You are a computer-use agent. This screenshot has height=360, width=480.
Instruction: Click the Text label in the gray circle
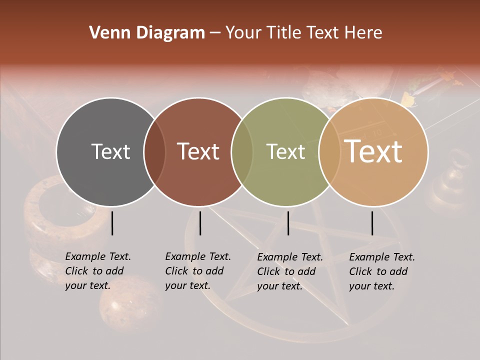pos(110,151)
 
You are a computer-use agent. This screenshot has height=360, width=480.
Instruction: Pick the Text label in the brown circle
pos(198,151)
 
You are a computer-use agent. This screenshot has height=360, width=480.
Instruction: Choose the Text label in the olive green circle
pos(285,151)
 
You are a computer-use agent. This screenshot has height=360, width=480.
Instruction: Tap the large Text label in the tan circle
pos(373,151)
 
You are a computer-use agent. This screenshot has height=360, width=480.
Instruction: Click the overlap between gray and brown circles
pos(155,151)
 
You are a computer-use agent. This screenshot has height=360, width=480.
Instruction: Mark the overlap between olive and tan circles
pos(329,151)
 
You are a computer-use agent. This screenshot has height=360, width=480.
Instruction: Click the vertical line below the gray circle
pos(112,223)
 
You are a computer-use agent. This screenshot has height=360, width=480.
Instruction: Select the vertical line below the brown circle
pos(200,223)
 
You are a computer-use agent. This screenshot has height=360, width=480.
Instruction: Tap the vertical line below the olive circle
pos(288,223)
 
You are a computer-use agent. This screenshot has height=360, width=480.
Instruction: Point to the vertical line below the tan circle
pos(372,223)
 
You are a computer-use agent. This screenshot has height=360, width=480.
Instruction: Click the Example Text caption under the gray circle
pos(97,271)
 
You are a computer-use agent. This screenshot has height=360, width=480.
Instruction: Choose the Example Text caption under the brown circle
pos(197,271)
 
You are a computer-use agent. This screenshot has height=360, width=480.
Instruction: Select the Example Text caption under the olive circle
pos(289,271)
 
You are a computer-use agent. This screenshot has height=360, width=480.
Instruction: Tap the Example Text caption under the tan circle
pos(381,271)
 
